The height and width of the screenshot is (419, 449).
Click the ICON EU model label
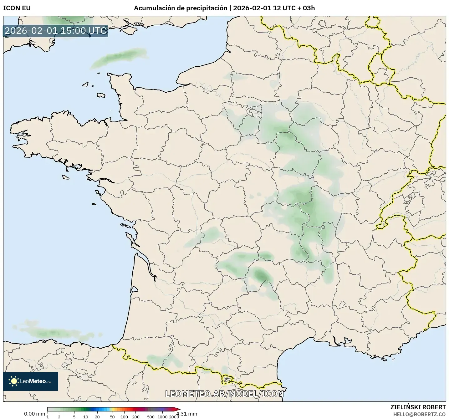pos(17,8)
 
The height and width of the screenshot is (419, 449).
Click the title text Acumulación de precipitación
pos(181,8)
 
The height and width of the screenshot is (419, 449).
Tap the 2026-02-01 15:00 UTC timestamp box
pos(56,31)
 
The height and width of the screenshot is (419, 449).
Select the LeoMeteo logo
pos(31,381)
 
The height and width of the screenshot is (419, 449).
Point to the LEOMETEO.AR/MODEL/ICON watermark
pos(224,394)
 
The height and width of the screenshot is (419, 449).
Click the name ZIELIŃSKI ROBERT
pos(418,407)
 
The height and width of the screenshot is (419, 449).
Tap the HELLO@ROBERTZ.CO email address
pos(419,414)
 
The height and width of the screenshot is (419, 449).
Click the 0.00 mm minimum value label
pos(34,414)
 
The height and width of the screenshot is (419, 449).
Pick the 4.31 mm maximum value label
pos(187,414)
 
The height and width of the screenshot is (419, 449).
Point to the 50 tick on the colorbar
pos(112,416)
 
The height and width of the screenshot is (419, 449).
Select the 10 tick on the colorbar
pos(86,416)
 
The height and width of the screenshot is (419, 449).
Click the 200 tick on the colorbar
pos(136,416)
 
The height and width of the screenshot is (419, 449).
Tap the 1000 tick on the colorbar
pos(162,416)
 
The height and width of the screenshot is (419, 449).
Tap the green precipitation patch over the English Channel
pos(119,58)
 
